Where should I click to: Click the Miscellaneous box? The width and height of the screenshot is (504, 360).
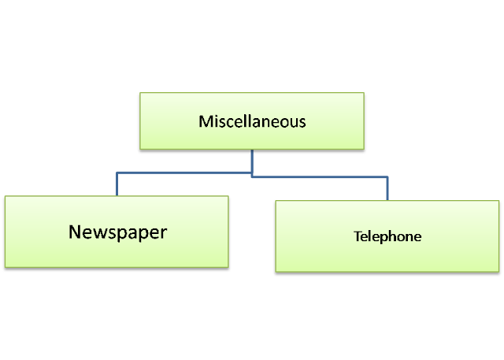(252, 121)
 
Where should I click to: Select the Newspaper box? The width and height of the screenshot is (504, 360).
(117, 232)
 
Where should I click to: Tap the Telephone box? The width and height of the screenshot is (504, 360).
(387, 236)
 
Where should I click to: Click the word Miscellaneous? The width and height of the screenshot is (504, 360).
(252, 122)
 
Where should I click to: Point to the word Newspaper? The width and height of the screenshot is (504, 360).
(118, 232)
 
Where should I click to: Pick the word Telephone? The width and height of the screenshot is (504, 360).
(387, 236)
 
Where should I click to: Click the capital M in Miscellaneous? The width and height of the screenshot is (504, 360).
(205, 122)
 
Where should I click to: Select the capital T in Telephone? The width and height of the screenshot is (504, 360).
(357, 236)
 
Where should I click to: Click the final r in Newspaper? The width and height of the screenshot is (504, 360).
(164, 233)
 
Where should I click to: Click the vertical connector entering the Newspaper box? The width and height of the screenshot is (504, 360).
(117, 184)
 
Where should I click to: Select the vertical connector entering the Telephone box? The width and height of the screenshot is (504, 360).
(387, 189)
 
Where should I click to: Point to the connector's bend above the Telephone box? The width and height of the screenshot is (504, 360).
(387, 178)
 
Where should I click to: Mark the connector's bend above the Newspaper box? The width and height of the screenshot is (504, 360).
(117, 173)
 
